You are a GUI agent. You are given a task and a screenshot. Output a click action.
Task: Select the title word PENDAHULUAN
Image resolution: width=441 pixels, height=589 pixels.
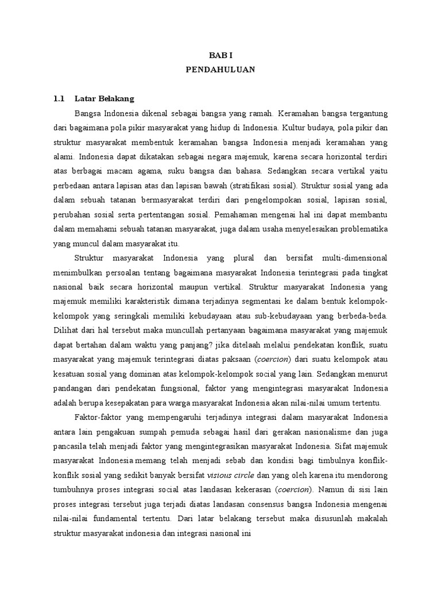pos(220,70)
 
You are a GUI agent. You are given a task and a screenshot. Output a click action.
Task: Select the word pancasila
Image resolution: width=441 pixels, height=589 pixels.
pos(73,446)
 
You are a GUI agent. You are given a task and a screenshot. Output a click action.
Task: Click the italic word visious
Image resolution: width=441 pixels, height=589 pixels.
pos(221,475)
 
